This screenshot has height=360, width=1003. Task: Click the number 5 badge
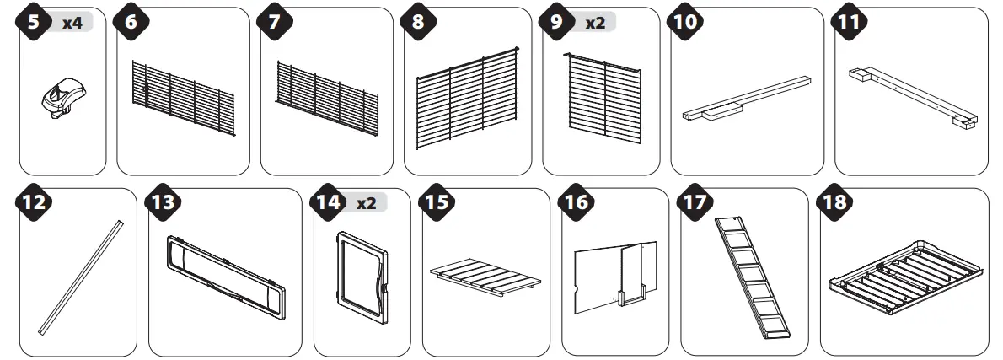(34, 23)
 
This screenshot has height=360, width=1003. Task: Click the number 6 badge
(130, 23)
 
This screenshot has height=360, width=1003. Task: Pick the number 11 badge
(849, 23)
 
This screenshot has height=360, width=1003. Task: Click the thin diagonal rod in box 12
(82, 274)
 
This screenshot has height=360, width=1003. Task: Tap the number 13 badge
(163, 203)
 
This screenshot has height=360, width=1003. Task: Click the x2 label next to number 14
(367, 203)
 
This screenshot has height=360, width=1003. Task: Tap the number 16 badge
(576, 203)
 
